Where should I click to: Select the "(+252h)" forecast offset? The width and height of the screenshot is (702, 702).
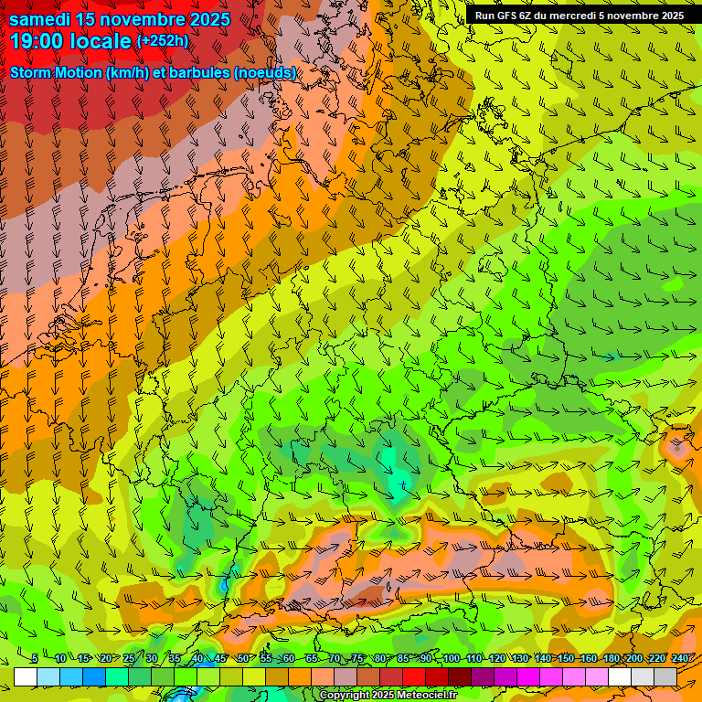pyautogui.click(x=163, y=41)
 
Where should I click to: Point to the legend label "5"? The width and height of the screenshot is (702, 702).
pyautogui.click(x=35, y=659)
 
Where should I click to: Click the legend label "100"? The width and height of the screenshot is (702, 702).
pyautogui.click(x=451, y=659)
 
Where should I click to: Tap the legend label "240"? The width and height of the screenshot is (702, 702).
pyautogui.click(x=679, y=659)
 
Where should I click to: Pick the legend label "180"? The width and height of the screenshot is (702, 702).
pyautogui.click(x=611, y=659)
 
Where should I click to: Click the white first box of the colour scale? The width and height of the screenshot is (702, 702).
pyautogui.click(x=26, y=676)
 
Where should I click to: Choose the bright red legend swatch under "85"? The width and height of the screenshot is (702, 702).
pyautogui.click(x=414, y=676)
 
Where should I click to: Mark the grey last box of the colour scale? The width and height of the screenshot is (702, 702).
pyautogui.click(x=665, y=676)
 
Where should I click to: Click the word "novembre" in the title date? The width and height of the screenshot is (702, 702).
pyautogui.click(x=129, y=19)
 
